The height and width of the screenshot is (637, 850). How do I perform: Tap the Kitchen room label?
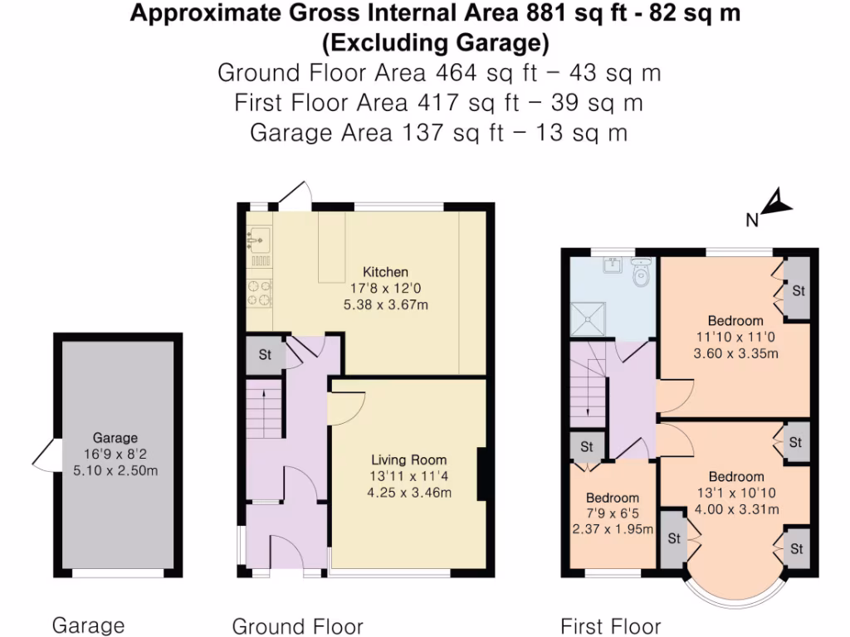click(385, 271)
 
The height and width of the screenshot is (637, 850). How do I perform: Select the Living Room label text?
click(408, 460)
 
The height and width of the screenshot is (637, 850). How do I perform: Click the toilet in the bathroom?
click(640, 272)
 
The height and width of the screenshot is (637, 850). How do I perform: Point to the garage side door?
click(42, 453)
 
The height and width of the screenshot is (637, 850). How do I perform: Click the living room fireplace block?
click(481, 474)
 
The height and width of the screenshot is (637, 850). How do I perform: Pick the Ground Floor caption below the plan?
click(297, 625)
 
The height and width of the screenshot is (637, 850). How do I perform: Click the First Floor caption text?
click(611, 625)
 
